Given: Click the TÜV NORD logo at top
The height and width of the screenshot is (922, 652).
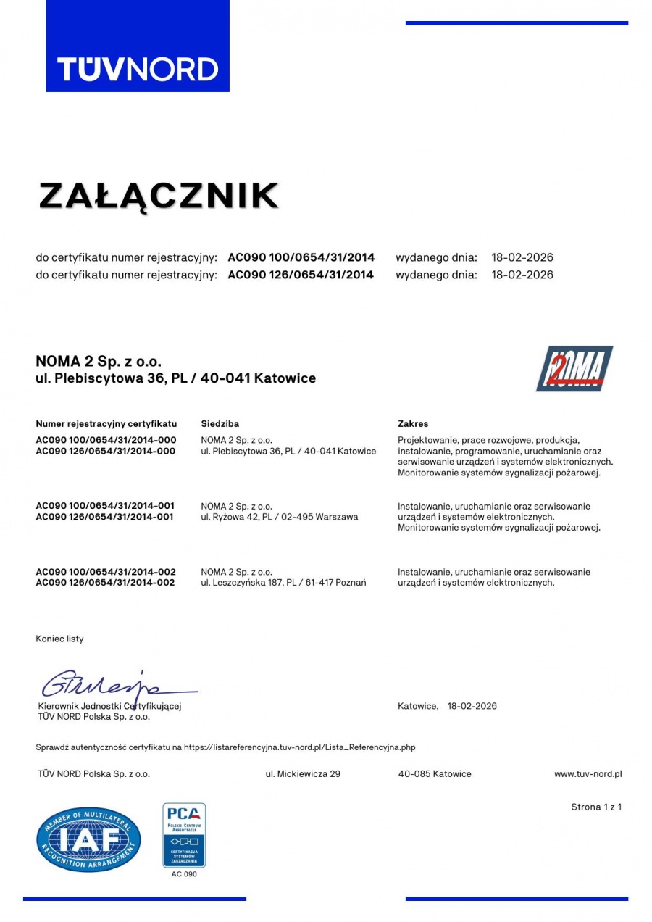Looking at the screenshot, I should point(138,68).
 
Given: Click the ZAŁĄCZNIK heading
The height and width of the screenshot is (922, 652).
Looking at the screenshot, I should point(159,196).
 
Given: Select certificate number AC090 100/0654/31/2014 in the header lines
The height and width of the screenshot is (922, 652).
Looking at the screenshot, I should point(301,257).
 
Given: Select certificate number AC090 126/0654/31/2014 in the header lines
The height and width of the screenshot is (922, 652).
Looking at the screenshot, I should point(301,275).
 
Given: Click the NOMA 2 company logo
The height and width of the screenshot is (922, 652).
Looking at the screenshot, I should point(574,369).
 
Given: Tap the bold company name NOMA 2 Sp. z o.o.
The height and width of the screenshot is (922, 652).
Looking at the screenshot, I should point(99,361).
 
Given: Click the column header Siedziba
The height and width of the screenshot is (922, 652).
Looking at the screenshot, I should point(220,423).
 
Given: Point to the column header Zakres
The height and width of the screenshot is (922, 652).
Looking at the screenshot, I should point(413,423).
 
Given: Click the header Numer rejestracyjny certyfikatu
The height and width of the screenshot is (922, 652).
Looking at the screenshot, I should point(106,423).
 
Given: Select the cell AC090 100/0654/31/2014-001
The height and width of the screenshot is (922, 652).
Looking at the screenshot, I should point(106,506).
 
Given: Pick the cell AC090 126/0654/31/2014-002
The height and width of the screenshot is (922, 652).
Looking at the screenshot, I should point(106,583).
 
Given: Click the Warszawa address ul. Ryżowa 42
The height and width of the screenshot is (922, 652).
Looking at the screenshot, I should point(279,517).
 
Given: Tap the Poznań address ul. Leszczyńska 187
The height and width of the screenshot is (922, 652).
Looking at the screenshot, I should point(283,583).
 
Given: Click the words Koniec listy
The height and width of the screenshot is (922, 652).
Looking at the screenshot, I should point(59,639).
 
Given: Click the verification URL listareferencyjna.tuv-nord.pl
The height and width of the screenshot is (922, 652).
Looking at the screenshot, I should point(299,747).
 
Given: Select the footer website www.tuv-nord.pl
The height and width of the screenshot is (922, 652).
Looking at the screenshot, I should point(588,774).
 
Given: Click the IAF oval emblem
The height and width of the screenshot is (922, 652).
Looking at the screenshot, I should point(88,839).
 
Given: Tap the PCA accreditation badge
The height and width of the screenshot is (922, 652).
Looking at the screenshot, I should point(184,835).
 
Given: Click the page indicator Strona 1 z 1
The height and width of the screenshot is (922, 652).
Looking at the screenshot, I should point(595,807).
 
